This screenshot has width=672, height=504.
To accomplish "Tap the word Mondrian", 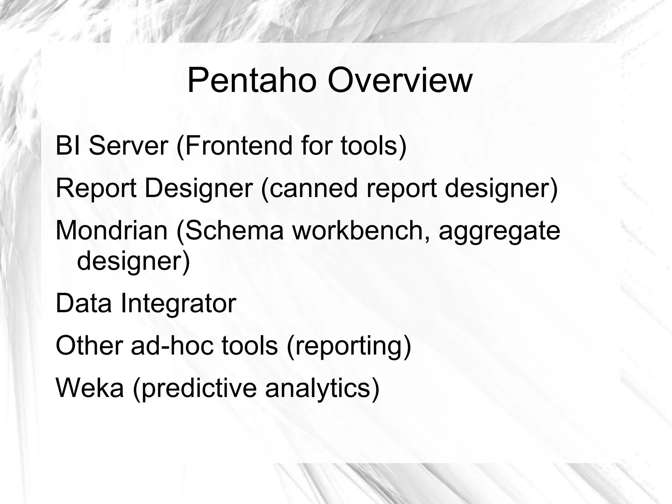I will (112, 230).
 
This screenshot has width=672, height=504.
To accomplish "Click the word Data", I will (84, 303).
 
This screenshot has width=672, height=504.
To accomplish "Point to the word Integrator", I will (178, 303).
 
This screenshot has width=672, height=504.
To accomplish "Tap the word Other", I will (89, 345).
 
